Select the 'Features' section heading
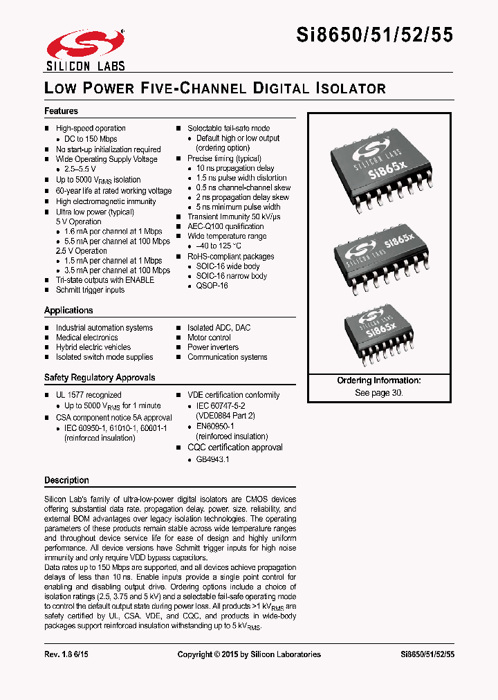click(x=61, y=111)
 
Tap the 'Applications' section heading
click(x=68, y=311)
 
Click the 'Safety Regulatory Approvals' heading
click(x=100, y=378)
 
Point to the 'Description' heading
click(x=66, y=480)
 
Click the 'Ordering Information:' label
click(x=378, y=381)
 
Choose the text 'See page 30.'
click(x=378, y=392)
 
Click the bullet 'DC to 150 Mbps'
click(x=91, y=139)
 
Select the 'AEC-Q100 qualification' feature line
click(x=225, y=226)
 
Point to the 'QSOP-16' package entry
click(x=212, y=286)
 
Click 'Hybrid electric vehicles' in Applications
click(x=93, y=347)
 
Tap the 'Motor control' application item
click(x=209, y=338)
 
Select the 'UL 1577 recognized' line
click(x=88, y=395)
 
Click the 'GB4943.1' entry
click(x=212, y=459)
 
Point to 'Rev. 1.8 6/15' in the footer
click(x=68, y=654)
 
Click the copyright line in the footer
click(x=249, y=654)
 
